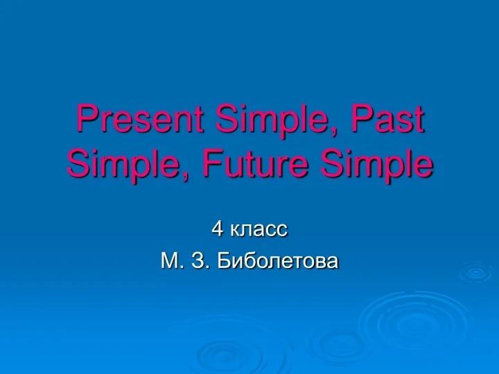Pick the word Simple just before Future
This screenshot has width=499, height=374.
click(x=121, y=164)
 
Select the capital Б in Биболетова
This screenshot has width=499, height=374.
click(x=222, y=261)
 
